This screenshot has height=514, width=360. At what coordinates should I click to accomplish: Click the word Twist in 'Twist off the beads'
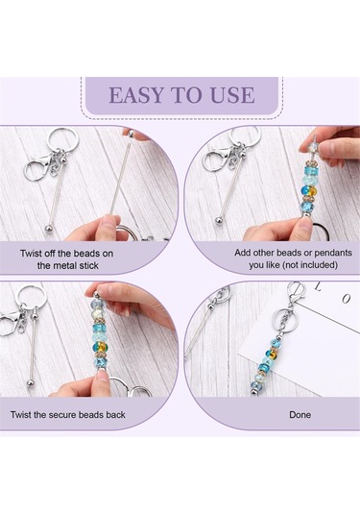(32, 254)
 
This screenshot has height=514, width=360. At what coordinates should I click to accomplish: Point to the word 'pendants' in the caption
(331, 253)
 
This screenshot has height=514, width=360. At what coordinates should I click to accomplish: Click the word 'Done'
(300, 415)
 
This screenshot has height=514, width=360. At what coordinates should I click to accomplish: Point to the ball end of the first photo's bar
(48, 227)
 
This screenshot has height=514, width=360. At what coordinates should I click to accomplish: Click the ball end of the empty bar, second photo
(220, 219)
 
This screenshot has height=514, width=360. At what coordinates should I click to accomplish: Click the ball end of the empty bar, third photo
(31, 383)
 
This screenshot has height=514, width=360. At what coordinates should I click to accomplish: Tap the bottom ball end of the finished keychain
(253, 391)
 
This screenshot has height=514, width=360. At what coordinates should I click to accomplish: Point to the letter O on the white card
(347, 299)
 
